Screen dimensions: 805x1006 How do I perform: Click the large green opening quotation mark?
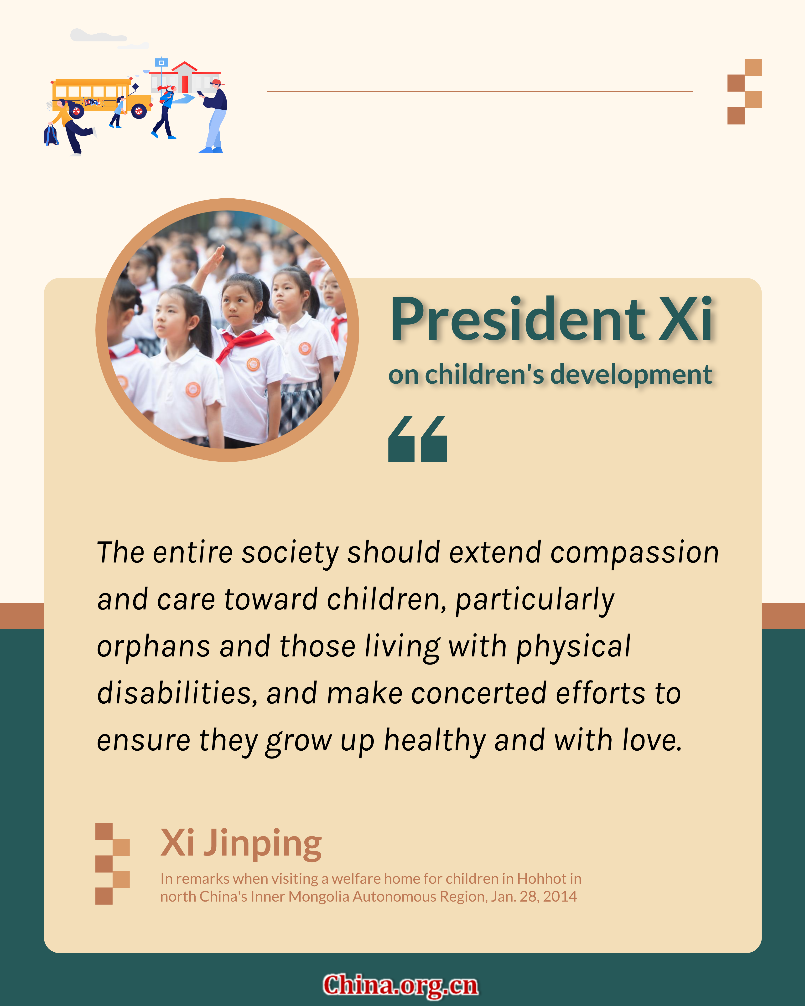[x=418, y=439]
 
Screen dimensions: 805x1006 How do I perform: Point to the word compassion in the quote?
[x=635, y=553]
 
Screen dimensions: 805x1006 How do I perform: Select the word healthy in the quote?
[x=435, y=741]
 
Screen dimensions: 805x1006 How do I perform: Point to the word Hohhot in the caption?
[x=541, y=879]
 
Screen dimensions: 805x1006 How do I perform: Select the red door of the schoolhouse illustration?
[x=185, y=83]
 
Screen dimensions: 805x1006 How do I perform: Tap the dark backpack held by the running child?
[x=51, y=135]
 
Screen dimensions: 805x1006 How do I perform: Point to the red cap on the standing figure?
[x=217, y=83]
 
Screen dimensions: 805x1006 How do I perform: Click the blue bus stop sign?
[x=161, y=62]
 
